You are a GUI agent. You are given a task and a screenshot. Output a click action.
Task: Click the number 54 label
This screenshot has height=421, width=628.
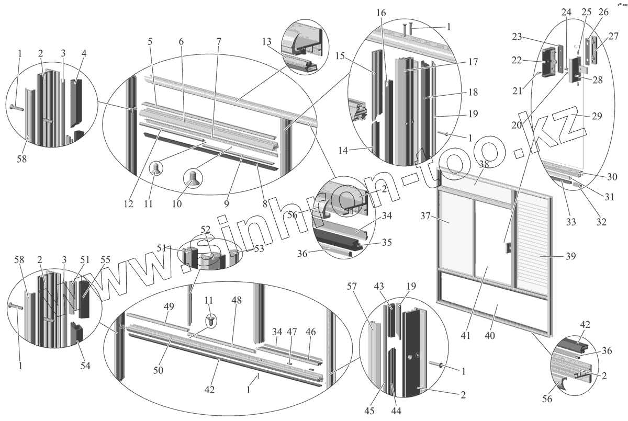click(x=85, y=366)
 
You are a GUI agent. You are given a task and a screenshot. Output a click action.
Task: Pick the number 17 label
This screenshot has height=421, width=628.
click(x=473, y=62)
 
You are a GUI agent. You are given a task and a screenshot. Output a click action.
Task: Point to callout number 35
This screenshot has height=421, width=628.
click(x=386, y=243)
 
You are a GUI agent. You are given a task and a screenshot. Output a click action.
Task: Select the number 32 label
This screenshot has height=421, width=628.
click(x=601, y=221)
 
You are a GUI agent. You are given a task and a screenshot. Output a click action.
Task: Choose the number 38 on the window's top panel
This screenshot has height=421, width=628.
click(x=484, y=163)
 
